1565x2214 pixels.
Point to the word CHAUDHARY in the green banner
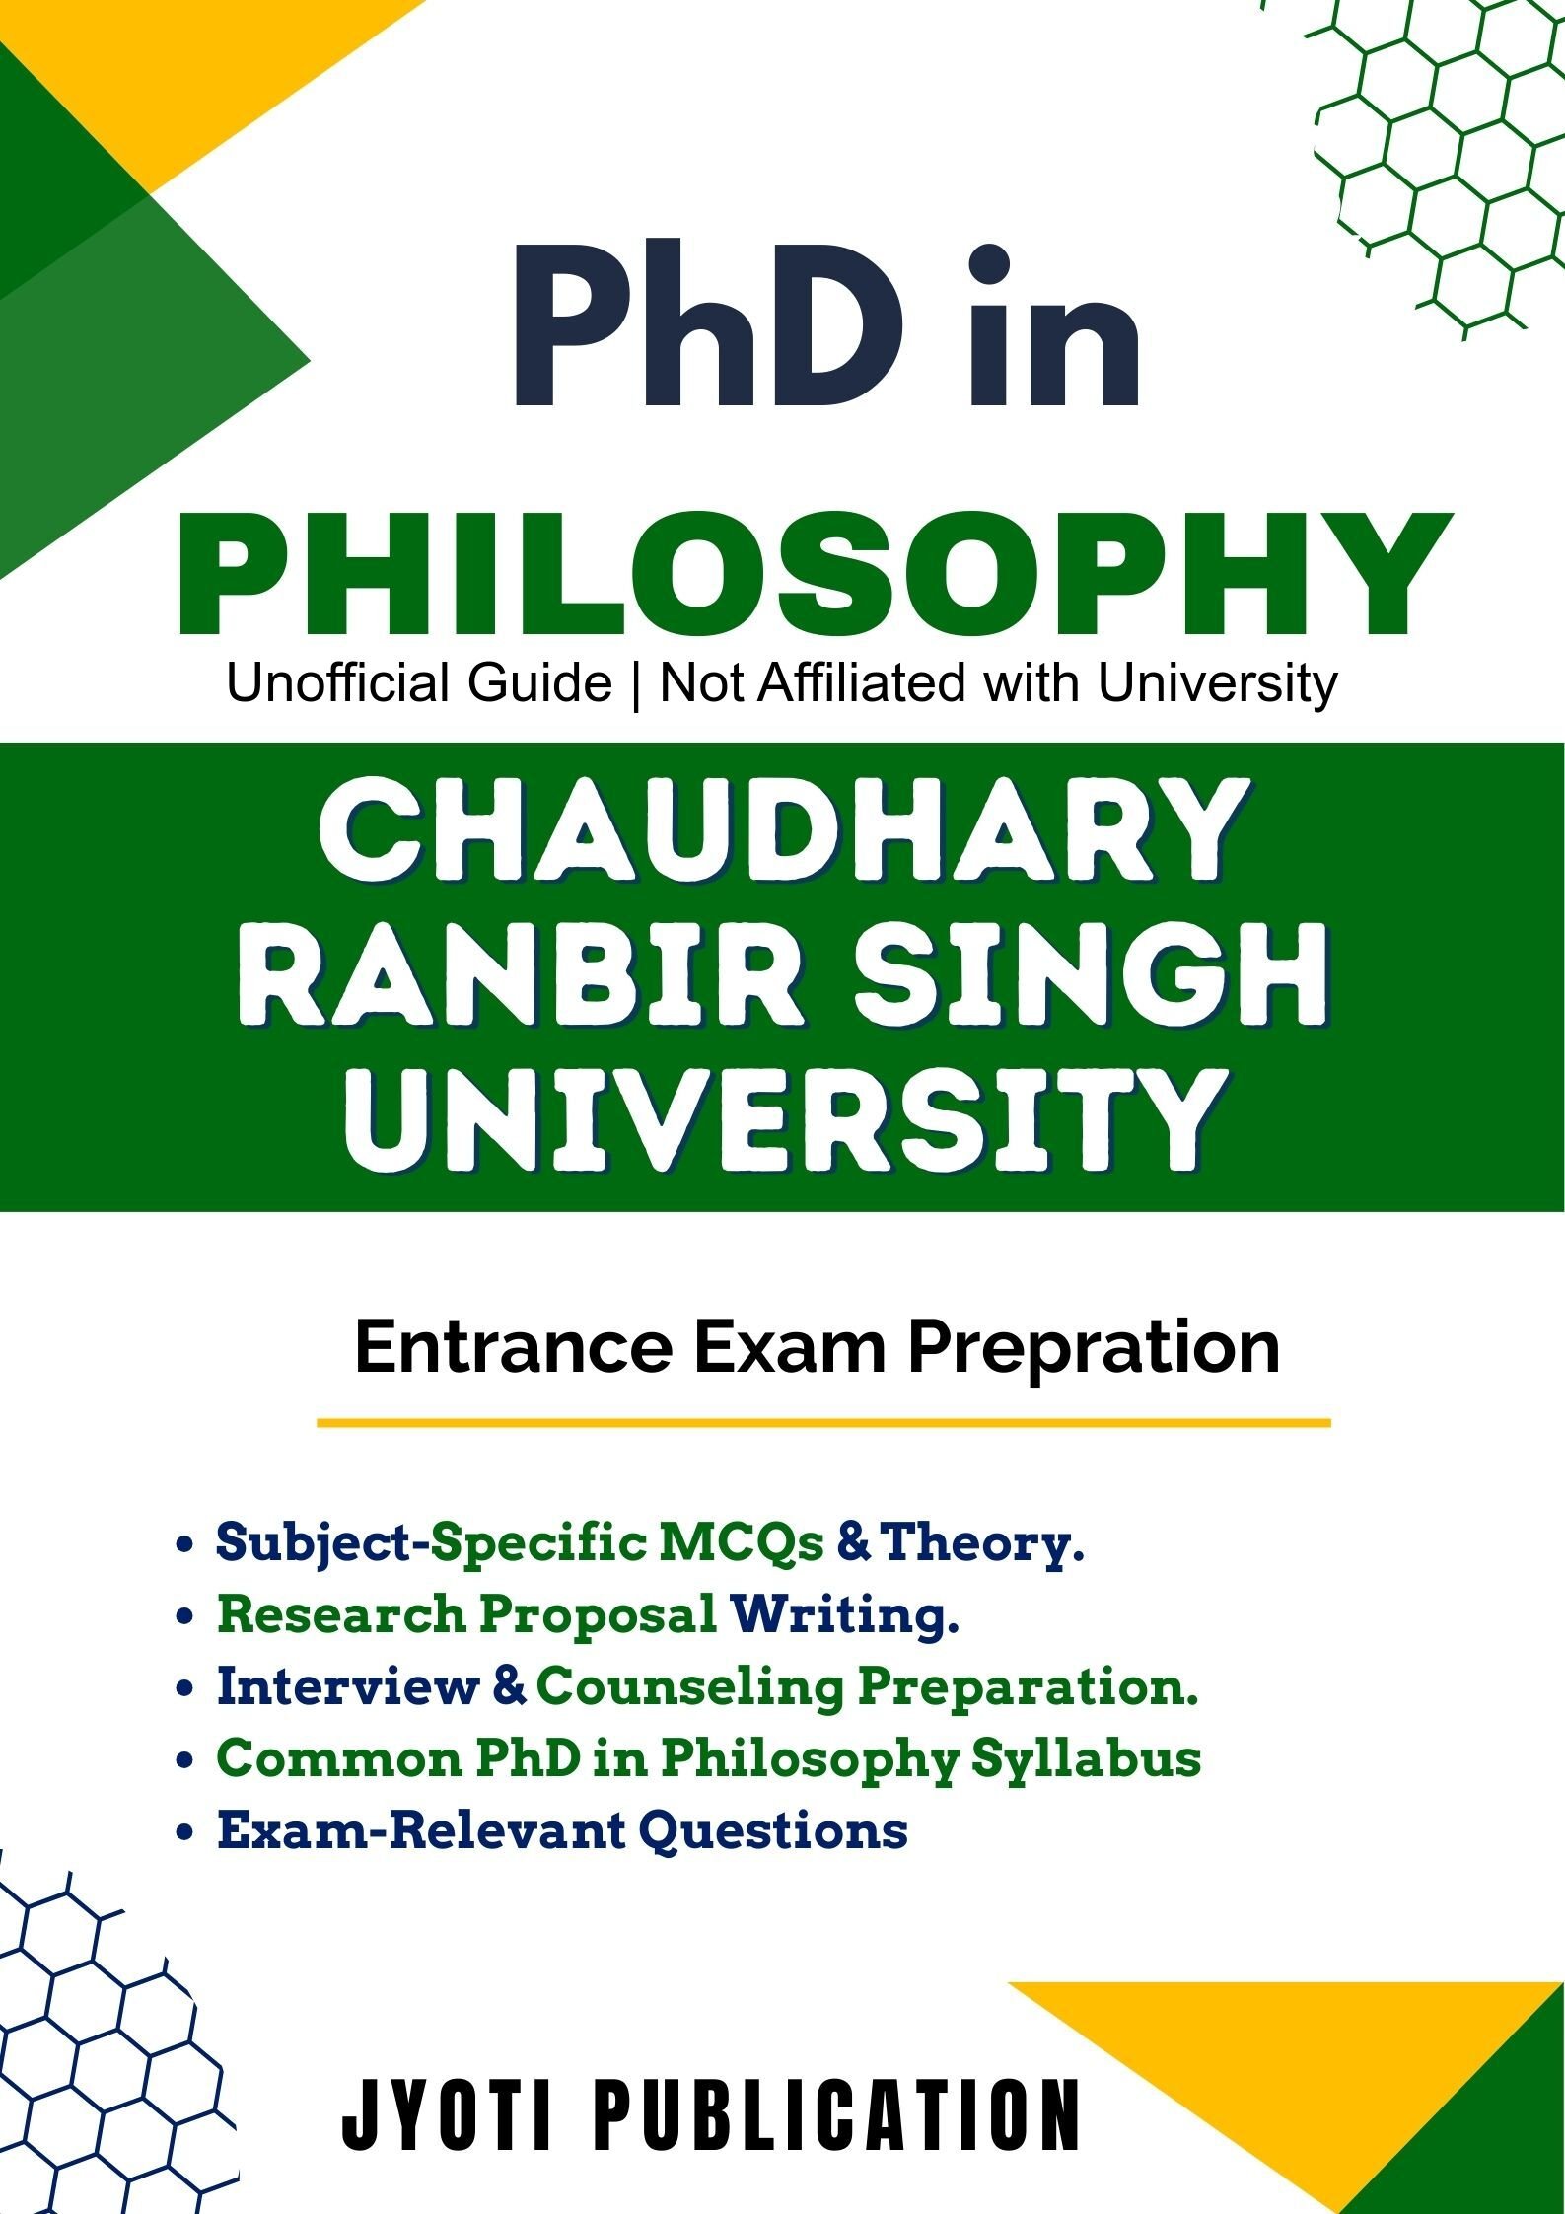781,830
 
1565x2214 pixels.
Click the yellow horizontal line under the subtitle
823,1423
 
